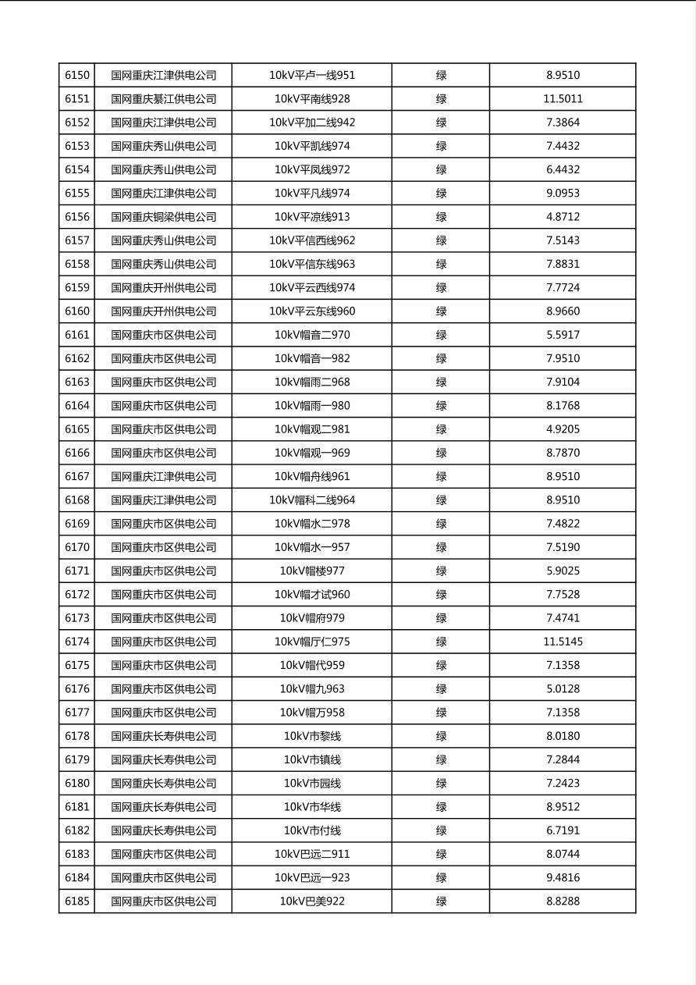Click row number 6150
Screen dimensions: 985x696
point(77,76)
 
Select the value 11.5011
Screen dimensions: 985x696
point(563,99)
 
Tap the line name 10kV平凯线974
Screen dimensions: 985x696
point(312,146)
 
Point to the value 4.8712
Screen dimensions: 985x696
point(563,217)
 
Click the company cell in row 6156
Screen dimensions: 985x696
point(163,217)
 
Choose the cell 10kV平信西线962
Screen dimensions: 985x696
point(312,240)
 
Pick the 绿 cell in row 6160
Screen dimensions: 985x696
point(441,311)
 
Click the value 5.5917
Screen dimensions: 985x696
point(563,335)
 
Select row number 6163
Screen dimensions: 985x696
point(77,382)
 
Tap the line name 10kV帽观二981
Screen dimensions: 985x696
point(312,429)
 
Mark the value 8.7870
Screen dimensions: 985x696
point(563,453)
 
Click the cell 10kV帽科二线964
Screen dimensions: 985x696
point(312,500)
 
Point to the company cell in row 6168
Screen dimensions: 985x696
point(163,500)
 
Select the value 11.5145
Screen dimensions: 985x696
point(563,642)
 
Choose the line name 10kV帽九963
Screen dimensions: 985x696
point(312,689)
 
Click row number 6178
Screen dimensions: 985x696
point(77,736)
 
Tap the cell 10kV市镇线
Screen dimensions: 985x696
point(312,759)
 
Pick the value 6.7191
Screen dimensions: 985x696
point(563,830)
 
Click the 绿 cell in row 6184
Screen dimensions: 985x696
point(441,877)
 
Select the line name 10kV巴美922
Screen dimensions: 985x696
point(312,901)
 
